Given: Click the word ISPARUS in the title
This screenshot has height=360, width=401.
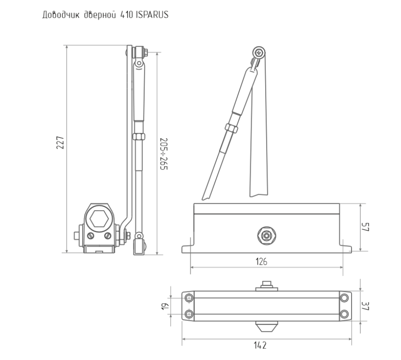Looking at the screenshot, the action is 152,15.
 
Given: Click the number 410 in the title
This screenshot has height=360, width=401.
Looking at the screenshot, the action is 127,15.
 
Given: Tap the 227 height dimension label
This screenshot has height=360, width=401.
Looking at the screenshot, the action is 60,143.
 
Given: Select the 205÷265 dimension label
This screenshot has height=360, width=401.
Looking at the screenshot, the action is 164,154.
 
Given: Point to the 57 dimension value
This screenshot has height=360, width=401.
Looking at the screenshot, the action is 365,227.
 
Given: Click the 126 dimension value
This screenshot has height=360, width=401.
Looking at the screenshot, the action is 261,261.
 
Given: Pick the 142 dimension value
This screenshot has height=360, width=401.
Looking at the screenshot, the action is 260,346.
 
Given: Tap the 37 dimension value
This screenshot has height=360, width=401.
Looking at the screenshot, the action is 365,306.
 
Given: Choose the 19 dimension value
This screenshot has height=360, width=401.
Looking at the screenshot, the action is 165,306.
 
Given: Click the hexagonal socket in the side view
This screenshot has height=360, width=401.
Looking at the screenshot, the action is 99,219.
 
